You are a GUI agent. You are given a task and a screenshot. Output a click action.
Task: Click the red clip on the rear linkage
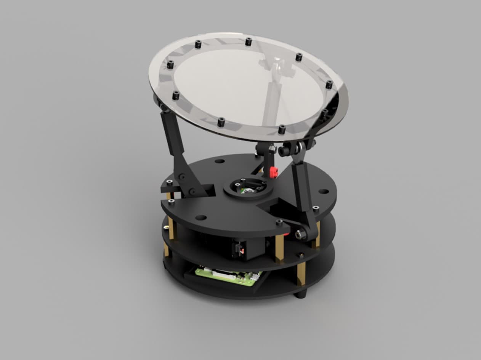click(x=273, y=172)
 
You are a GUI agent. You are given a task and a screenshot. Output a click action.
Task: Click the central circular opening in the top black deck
click(x=248, y=187)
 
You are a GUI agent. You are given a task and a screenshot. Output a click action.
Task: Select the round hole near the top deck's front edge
click(x=201, y=218)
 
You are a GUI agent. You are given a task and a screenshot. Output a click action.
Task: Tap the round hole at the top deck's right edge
click(x=323, y=191)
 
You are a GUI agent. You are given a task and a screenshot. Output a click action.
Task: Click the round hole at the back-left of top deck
click(x=220, y=161)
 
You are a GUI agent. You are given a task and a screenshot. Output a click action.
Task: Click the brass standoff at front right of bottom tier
click(x=301, y=274)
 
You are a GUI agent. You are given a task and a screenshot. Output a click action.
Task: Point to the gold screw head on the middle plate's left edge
click(x=166, y=228)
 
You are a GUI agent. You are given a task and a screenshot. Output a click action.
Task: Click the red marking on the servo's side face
click(x=240, y=249)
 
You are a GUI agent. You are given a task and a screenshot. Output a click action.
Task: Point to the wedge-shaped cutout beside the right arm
click(x=276, y=206)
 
